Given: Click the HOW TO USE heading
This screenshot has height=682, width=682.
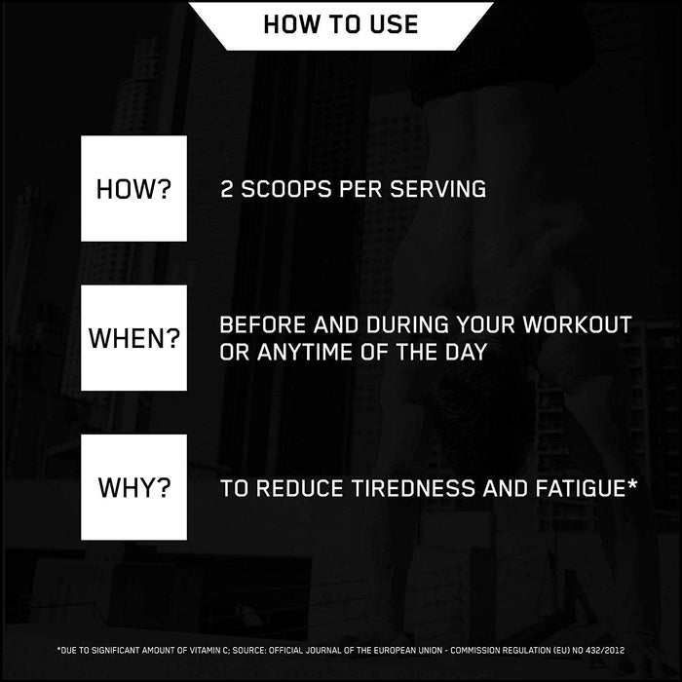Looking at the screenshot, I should coord(340,23).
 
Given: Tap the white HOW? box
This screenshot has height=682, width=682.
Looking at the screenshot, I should coord(133,189).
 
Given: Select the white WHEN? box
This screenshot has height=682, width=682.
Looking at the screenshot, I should coord(133,338).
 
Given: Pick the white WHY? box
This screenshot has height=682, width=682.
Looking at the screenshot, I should coord(133,487).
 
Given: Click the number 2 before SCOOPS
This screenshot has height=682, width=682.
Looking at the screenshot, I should coord(227,189).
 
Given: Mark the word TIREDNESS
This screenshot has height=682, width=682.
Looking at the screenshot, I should coord(415,487).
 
